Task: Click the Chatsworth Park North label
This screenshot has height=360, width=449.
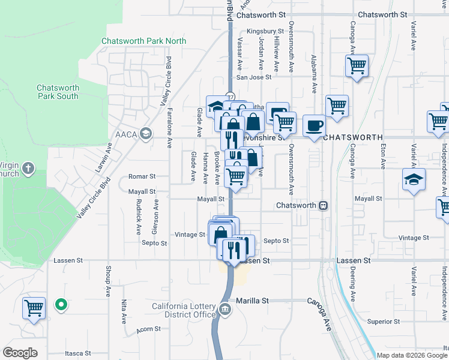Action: tap(144, 41)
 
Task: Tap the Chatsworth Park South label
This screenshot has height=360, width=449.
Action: tap(58, 92)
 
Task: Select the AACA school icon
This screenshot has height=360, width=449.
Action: tap(145, 133)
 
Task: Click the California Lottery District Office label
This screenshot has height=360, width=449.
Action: tap(184, 310)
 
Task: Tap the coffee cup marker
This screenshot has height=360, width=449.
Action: tap(315, 126)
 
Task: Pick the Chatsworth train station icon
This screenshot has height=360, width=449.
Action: tap(323, 205)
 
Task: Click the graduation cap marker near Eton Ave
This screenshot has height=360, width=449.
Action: tap(414, 181)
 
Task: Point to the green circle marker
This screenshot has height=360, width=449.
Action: tap(60, 305)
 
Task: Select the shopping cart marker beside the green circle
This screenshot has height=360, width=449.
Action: tap(34, 308)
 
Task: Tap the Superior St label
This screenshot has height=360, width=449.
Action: tap(379, 322)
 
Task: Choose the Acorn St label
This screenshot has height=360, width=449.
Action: tap(149, 329)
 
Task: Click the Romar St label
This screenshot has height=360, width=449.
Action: tap(142, 177)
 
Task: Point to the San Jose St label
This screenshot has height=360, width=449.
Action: tap(254, 77)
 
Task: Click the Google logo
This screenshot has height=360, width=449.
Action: tap(20, 353)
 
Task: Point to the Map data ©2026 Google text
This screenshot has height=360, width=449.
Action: tap(412, 355)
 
